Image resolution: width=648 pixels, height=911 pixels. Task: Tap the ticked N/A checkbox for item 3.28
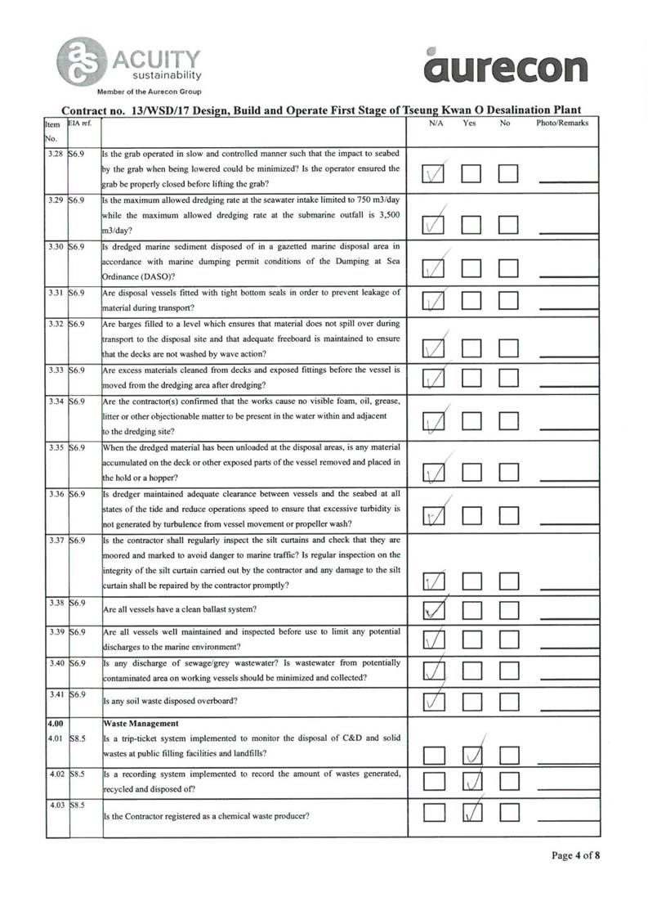tap(435, 174)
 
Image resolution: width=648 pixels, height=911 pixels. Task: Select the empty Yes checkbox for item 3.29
tap(471, 223)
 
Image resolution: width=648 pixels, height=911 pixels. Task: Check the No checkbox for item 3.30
tap(509, 268)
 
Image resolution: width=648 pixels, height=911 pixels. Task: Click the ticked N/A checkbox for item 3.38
tap(435, 611)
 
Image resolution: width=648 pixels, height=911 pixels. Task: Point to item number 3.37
tap(56, 540)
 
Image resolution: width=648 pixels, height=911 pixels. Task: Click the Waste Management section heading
tap(143, 725)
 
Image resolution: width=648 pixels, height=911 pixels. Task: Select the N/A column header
tap(436, 123)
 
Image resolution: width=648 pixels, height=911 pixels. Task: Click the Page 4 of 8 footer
tap(576, 856)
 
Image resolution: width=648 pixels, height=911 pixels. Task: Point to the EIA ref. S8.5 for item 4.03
tap(78, 806)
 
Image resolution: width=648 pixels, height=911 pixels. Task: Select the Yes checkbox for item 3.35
tap(471, 473)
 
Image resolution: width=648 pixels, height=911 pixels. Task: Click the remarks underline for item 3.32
tap(569, 353)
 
